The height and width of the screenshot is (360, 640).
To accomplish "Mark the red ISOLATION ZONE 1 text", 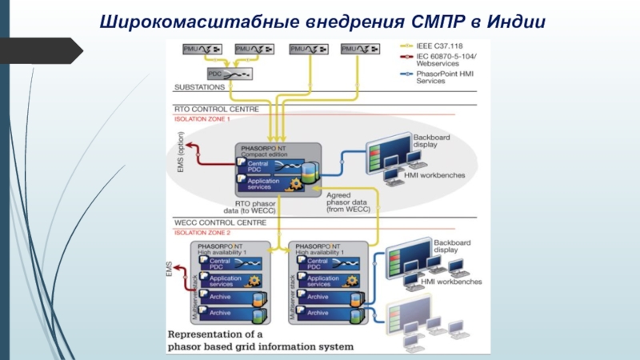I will coord(202,118).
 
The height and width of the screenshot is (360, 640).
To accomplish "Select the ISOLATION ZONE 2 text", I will coord(202,232).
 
